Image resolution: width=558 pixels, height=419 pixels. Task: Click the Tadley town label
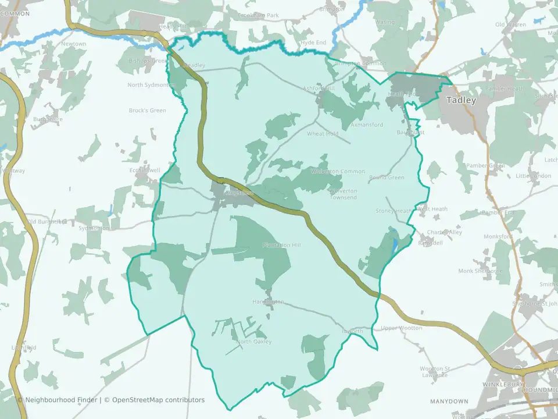(461, 100)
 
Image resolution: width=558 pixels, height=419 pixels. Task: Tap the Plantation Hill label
(281, 246)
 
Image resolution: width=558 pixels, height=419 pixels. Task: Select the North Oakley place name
(254, 342)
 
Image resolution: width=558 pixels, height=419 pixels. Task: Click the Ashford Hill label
(319, 88)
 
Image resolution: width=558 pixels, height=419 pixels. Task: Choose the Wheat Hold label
(323, 134)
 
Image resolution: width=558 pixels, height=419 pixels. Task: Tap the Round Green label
(387, 177)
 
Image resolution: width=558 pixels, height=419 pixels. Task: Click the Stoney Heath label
(394, 211)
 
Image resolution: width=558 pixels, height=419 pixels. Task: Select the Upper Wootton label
(402, 328)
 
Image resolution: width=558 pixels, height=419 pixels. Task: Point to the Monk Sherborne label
(480, 271)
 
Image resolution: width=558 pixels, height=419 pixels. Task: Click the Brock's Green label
(147, 111)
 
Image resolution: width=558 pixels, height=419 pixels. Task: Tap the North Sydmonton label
(151, 85)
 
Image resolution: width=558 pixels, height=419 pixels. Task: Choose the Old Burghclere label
(47, 222)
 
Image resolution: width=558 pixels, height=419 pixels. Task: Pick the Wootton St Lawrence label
(435, 372)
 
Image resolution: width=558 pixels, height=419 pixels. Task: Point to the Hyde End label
(314, 43)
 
